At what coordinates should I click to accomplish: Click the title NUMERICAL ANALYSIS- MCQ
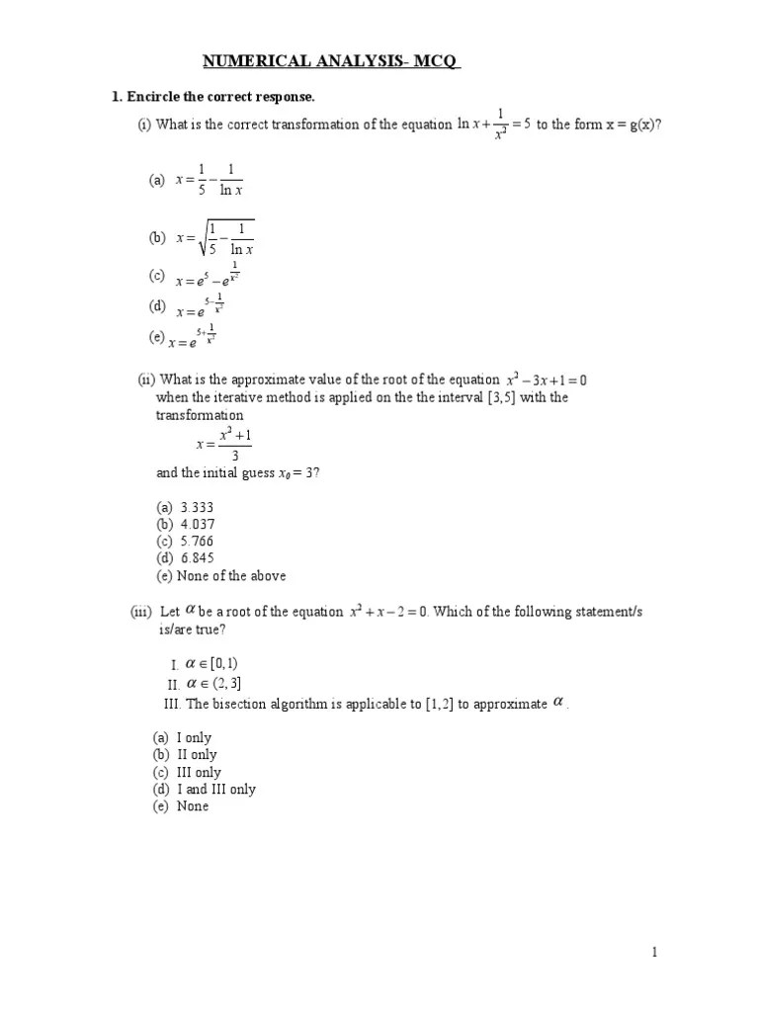point(332,62)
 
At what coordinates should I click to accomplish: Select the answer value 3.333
point(197,507)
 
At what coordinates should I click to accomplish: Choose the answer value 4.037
point(197,524)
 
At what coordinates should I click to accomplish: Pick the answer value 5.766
point(197,542)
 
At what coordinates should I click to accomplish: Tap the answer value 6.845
point(197,558)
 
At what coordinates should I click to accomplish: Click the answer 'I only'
point(194,737)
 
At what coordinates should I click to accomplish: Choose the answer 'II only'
point(196,754)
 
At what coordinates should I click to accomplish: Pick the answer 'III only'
point(199,772)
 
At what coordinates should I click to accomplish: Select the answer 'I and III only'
point(215,789)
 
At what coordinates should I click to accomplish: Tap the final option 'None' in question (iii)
point(193,806)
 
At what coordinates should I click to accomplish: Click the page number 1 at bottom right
point(653,952)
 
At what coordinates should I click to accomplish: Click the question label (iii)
point(141,612)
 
